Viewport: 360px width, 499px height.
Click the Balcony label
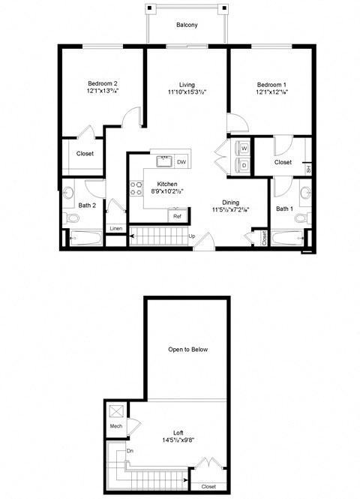(x=187, y=25)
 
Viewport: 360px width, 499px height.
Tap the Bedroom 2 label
(x=103, y=83)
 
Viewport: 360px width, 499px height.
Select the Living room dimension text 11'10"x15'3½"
(x=187, y=92)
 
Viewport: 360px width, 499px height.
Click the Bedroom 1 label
(x=270, y=83)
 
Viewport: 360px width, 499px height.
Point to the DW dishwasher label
(x=181, y=161)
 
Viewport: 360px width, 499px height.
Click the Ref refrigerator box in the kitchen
(x=178, y=216)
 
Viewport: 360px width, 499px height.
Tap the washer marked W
(x=244, y=149)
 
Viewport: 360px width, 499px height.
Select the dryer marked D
(x=244, y=165)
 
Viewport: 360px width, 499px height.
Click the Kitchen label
(x=166, y=184)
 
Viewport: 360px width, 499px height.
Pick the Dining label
(x=231, y=202)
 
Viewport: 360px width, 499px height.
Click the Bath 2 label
(x=87, y=205)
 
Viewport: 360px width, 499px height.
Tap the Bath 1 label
(x=283, y=208)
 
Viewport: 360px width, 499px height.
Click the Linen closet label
(x=115, y=228)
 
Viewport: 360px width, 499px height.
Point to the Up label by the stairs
(x=192, y=238)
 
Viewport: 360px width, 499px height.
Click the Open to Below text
(x=187, y=350)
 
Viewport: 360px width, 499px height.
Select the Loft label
(x=178, y=433)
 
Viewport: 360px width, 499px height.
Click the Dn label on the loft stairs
(x=130, y=451)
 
